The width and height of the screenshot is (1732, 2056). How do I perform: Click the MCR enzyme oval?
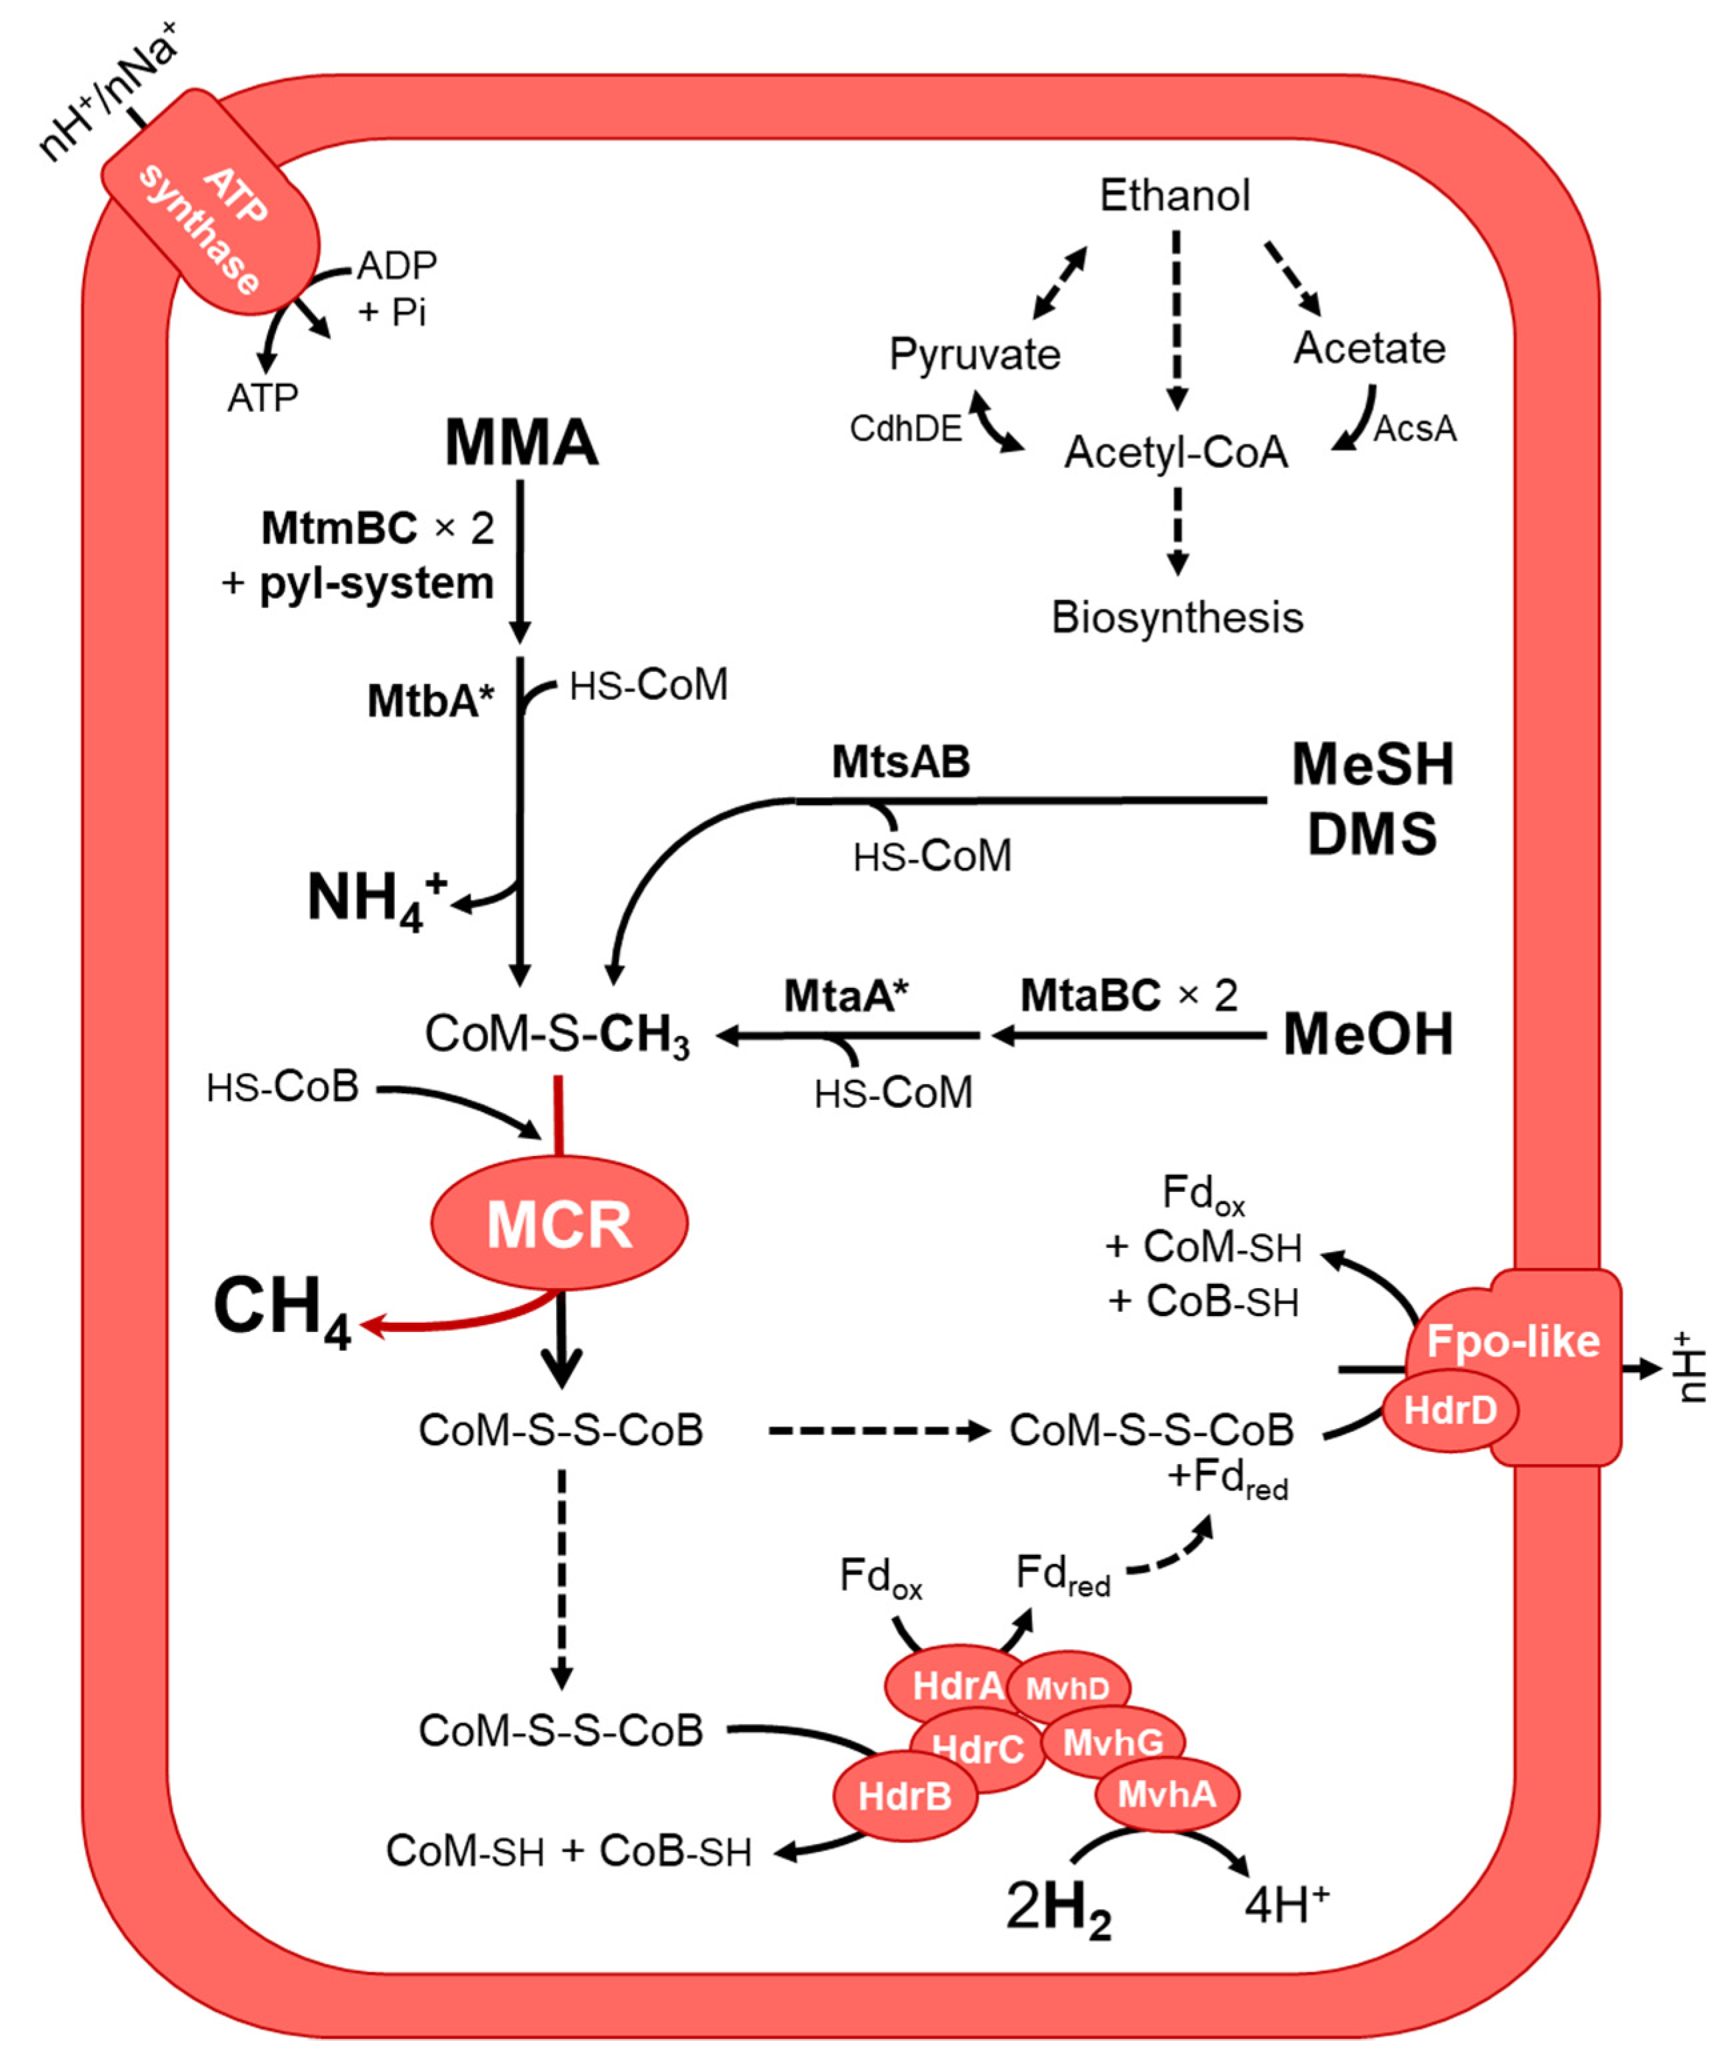559,1223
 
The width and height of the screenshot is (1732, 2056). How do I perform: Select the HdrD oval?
1449,1410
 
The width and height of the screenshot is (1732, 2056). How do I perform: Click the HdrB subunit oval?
904,1797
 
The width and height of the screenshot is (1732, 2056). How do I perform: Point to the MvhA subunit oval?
1167,1794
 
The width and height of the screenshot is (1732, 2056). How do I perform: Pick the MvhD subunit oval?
1067,1688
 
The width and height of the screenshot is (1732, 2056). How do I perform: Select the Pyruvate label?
974,355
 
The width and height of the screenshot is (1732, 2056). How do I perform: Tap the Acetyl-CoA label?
1175,453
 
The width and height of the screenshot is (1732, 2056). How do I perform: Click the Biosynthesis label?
1177,617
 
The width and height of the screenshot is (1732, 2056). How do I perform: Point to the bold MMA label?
521,442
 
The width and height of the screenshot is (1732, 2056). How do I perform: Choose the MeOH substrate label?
1368,1034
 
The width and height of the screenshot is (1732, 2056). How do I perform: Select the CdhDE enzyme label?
905,429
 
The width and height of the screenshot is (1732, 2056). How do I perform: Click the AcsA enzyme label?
1414,429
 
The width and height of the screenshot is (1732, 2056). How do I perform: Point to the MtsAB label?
901,762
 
